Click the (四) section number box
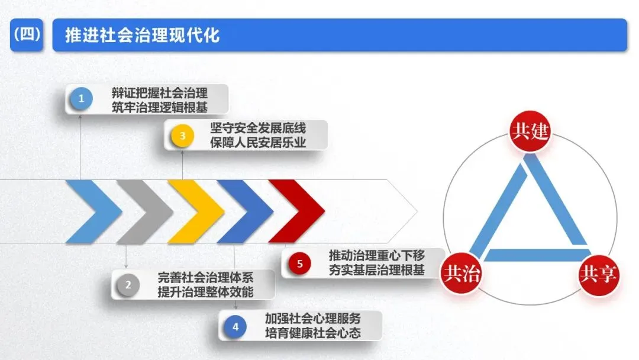27,35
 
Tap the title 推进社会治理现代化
136,35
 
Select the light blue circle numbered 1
82,99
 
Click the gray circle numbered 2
128,285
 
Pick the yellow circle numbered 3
182,136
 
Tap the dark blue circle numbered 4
235,326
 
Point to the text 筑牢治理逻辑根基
160,107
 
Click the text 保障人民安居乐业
258,143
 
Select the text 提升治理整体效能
205,292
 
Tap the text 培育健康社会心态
312,333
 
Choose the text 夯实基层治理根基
377,271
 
